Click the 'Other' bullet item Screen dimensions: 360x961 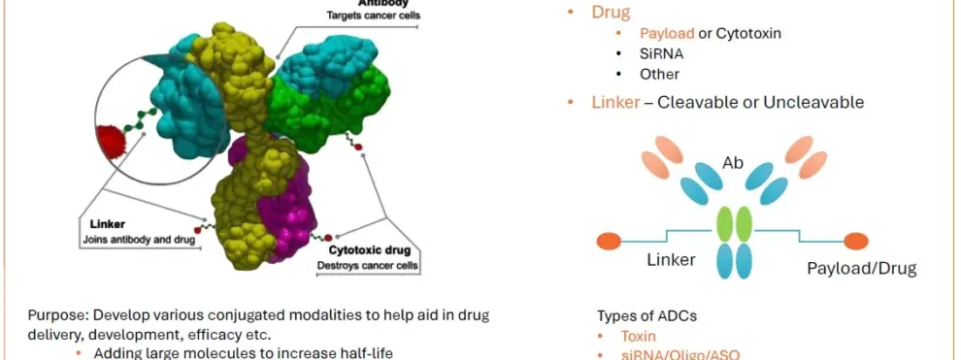(x=659, y=74)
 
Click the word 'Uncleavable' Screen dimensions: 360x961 (x=813, y=102)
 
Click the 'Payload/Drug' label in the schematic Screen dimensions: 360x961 (x=862, y=268)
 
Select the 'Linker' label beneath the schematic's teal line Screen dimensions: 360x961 (x=671, y=260)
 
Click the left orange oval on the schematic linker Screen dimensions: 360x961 (x=609, y=240)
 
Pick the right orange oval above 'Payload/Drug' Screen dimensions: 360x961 (x=855, y=240)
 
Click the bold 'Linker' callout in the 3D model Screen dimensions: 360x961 (x=99, y=224)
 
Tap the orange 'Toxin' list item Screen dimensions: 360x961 (x=640, y=336)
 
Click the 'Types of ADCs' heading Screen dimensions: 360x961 (x=646, y=316)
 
